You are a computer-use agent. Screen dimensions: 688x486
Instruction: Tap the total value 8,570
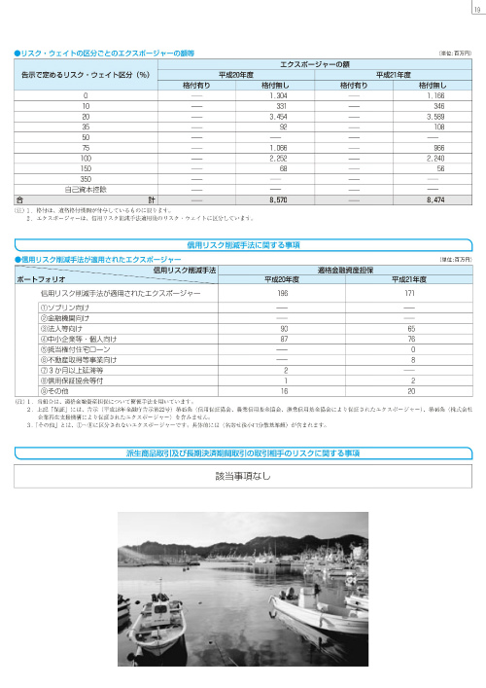[x=276, y=199]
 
